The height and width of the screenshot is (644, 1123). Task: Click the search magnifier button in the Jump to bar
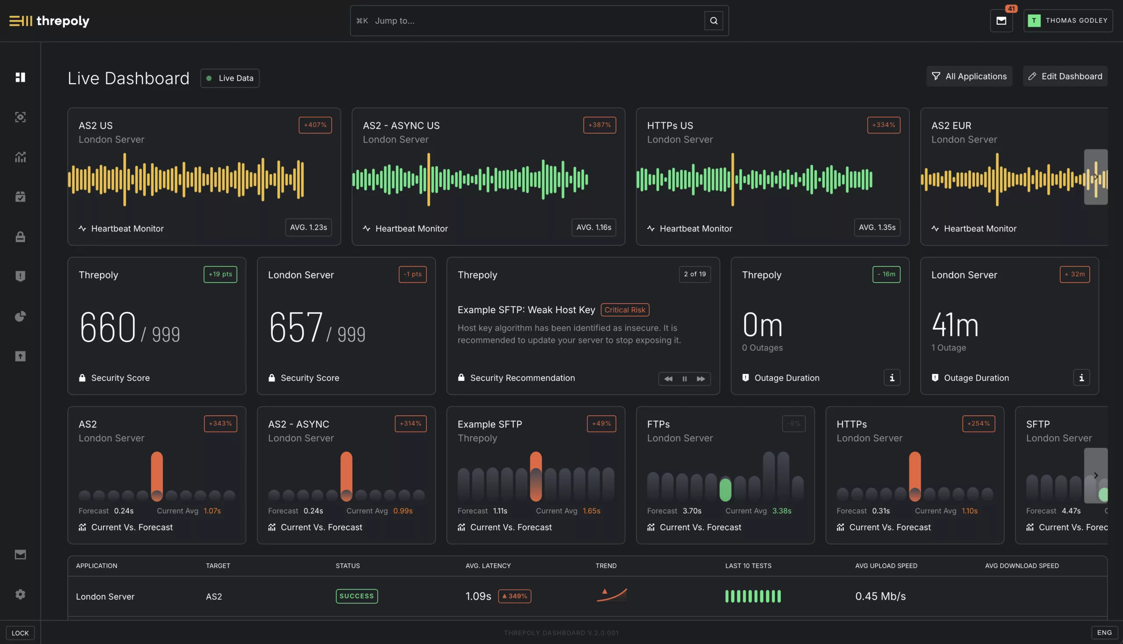click(713, 21)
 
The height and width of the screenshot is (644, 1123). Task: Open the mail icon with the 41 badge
click(1001, 21)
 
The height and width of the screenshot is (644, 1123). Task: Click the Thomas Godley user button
click(1068, 21)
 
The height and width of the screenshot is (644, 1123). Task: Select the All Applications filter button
click(969, 76)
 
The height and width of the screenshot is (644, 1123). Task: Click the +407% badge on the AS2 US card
click(315, 125)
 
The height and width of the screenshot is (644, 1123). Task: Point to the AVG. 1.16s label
click(594, 228)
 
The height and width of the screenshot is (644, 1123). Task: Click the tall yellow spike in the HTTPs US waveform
click(732, 179)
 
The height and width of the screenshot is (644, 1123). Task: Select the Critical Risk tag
click(624, 310)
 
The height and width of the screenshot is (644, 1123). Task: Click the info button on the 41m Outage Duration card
click(1081, 378)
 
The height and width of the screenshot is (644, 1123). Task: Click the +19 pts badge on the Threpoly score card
click(220, 274)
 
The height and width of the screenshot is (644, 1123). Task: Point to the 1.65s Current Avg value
click(591, 511)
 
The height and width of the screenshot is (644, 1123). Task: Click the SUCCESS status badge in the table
click(356, 596)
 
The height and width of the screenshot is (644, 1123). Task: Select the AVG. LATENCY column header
click(488, 566)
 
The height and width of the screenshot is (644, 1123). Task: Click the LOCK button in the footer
click(20, 633)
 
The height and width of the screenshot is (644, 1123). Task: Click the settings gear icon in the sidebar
click(20, 594)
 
